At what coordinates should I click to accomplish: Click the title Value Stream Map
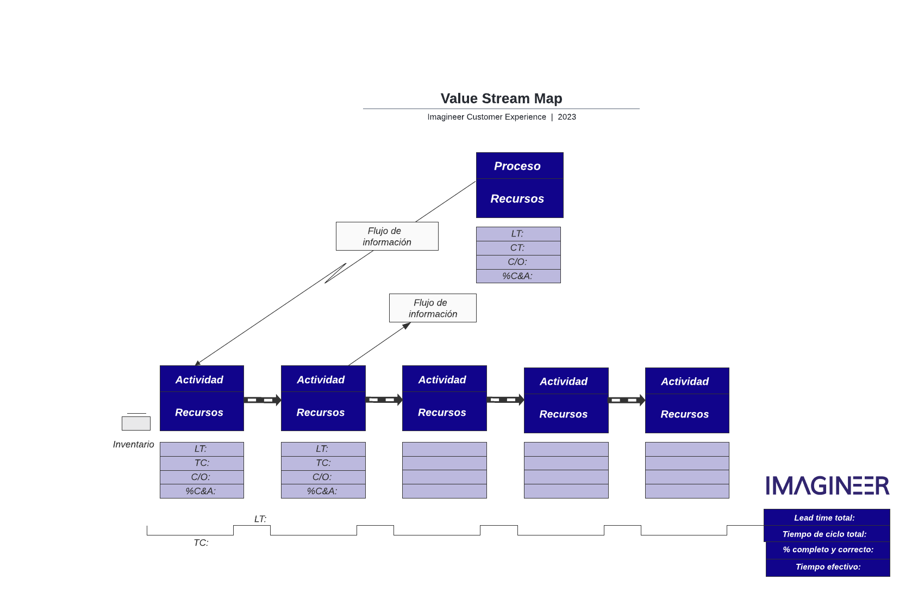click(501, 98)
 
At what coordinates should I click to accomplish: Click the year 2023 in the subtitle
click(567, 117)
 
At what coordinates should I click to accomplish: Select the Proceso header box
click(519, 166)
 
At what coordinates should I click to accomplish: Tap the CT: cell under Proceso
click(518, 248)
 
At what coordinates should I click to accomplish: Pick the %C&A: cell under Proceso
click(518, 276)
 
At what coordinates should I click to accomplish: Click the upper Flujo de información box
click(387, 236)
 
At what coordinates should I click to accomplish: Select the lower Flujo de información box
click(433, 308)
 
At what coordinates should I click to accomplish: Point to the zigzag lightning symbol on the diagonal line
click(335, 273)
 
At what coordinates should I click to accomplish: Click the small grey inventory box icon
click(136, 423)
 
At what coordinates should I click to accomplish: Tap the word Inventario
click(133, 445)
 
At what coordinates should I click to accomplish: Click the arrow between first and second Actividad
click(263, 400)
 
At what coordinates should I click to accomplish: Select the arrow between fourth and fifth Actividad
click(627, 400)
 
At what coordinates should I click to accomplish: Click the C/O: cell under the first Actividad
click(202, 477)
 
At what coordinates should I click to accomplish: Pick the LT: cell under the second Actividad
click(323, 449)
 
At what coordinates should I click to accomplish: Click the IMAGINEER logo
click(827, 485)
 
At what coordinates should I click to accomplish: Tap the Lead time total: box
click(826, 518)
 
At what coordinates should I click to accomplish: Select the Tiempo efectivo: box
click(827, 567)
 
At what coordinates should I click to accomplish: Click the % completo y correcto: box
click(827, 550)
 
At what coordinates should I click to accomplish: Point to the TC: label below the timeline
click(201, 543)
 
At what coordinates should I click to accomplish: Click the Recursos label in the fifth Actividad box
click(685, 414)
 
